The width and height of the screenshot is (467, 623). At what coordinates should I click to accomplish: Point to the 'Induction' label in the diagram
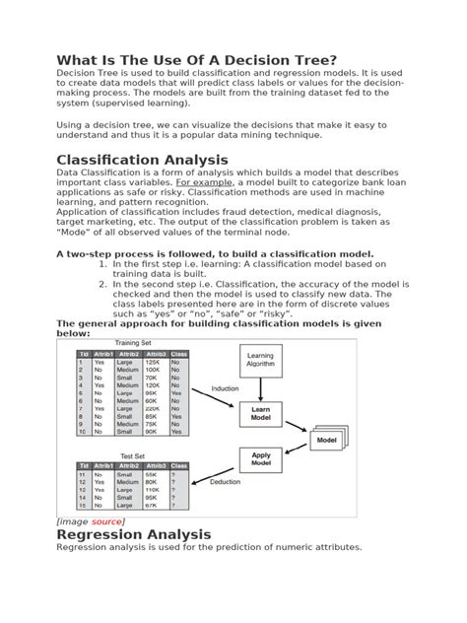(225, 389)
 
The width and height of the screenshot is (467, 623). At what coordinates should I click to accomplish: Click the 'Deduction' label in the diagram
(225, 482)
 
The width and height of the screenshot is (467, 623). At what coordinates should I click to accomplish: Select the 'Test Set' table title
(132, 456)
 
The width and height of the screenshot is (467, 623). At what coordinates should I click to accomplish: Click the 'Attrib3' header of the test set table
(156, 465)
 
